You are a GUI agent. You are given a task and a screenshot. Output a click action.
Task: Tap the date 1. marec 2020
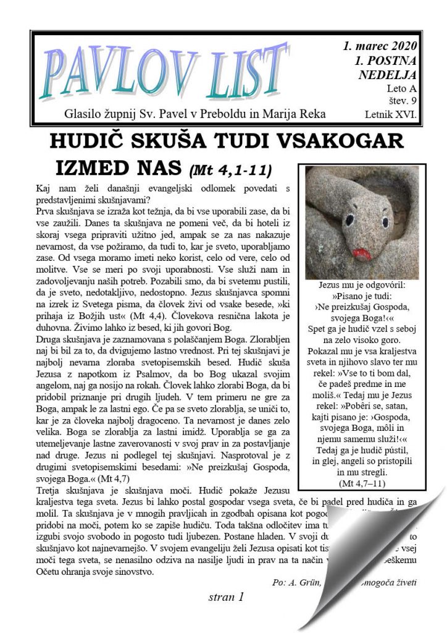click(x=380, y=47)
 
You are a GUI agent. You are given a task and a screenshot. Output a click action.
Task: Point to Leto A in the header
click(x=403, y=88)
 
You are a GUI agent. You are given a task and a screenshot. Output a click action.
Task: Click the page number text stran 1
click(x=227, y=597)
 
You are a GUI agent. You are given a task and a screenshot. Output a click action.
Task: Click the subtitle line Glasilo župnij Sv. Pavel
click(x=195, y=114)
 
